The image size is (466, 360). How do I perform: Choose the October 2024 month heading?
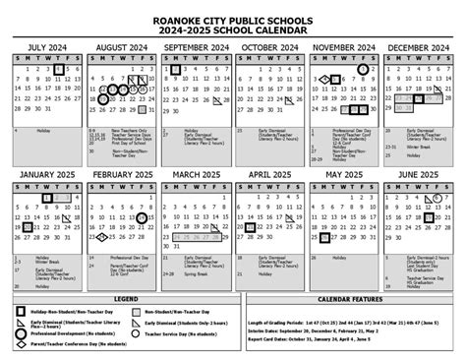coord(268,47)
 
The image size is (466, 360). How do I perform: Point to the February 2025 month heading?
coord(120,174)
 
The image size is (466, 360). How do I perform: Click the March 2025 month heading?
coord(194,174)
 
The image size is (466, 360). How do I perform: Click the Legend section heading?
coord(124,298)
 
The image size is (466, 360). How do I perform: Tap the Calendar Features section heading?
coord(349,298)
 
